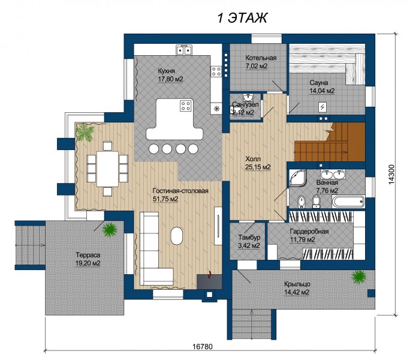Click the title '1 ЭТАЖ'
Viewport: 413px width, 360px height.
[242, 18]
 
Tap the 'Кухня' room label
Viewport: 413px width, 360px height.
[166, 71]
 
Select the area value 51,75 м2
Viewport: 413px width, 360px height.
[165, 199]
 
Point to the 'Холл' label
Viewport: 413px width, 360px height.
[253, 159]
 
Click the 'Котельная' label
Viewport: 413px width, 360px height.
[261, 58]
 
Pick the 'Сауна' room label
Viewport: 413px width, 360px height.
[319, 83]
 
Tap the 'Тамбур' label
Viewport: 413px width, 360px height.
[249, 238]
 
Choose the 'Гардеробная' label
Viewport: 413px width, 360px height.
[309, 231]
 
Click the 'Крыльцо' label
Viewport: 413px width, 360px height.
[297, 284]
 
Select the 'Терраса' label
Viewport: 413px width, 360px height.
[88, 255]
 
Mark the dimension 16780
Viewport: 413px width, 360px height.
[202, 346]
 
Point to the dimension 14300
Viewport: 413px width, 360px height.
[391, 175]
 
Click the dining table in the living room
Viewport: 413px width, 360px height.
[107, 169]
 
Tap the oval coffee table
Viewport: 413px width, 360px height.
[176, 236]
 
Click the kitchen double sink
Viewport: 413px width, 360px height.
[184, 50]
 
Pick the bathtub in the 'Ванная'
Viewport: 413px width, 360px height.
[348, 202]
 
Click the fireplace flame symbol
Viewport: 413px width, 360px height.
[210, 275]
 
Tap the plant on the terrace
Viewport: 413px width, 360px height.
[110, 230]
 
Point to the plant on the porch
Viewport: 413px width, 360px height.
[358, 277]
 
